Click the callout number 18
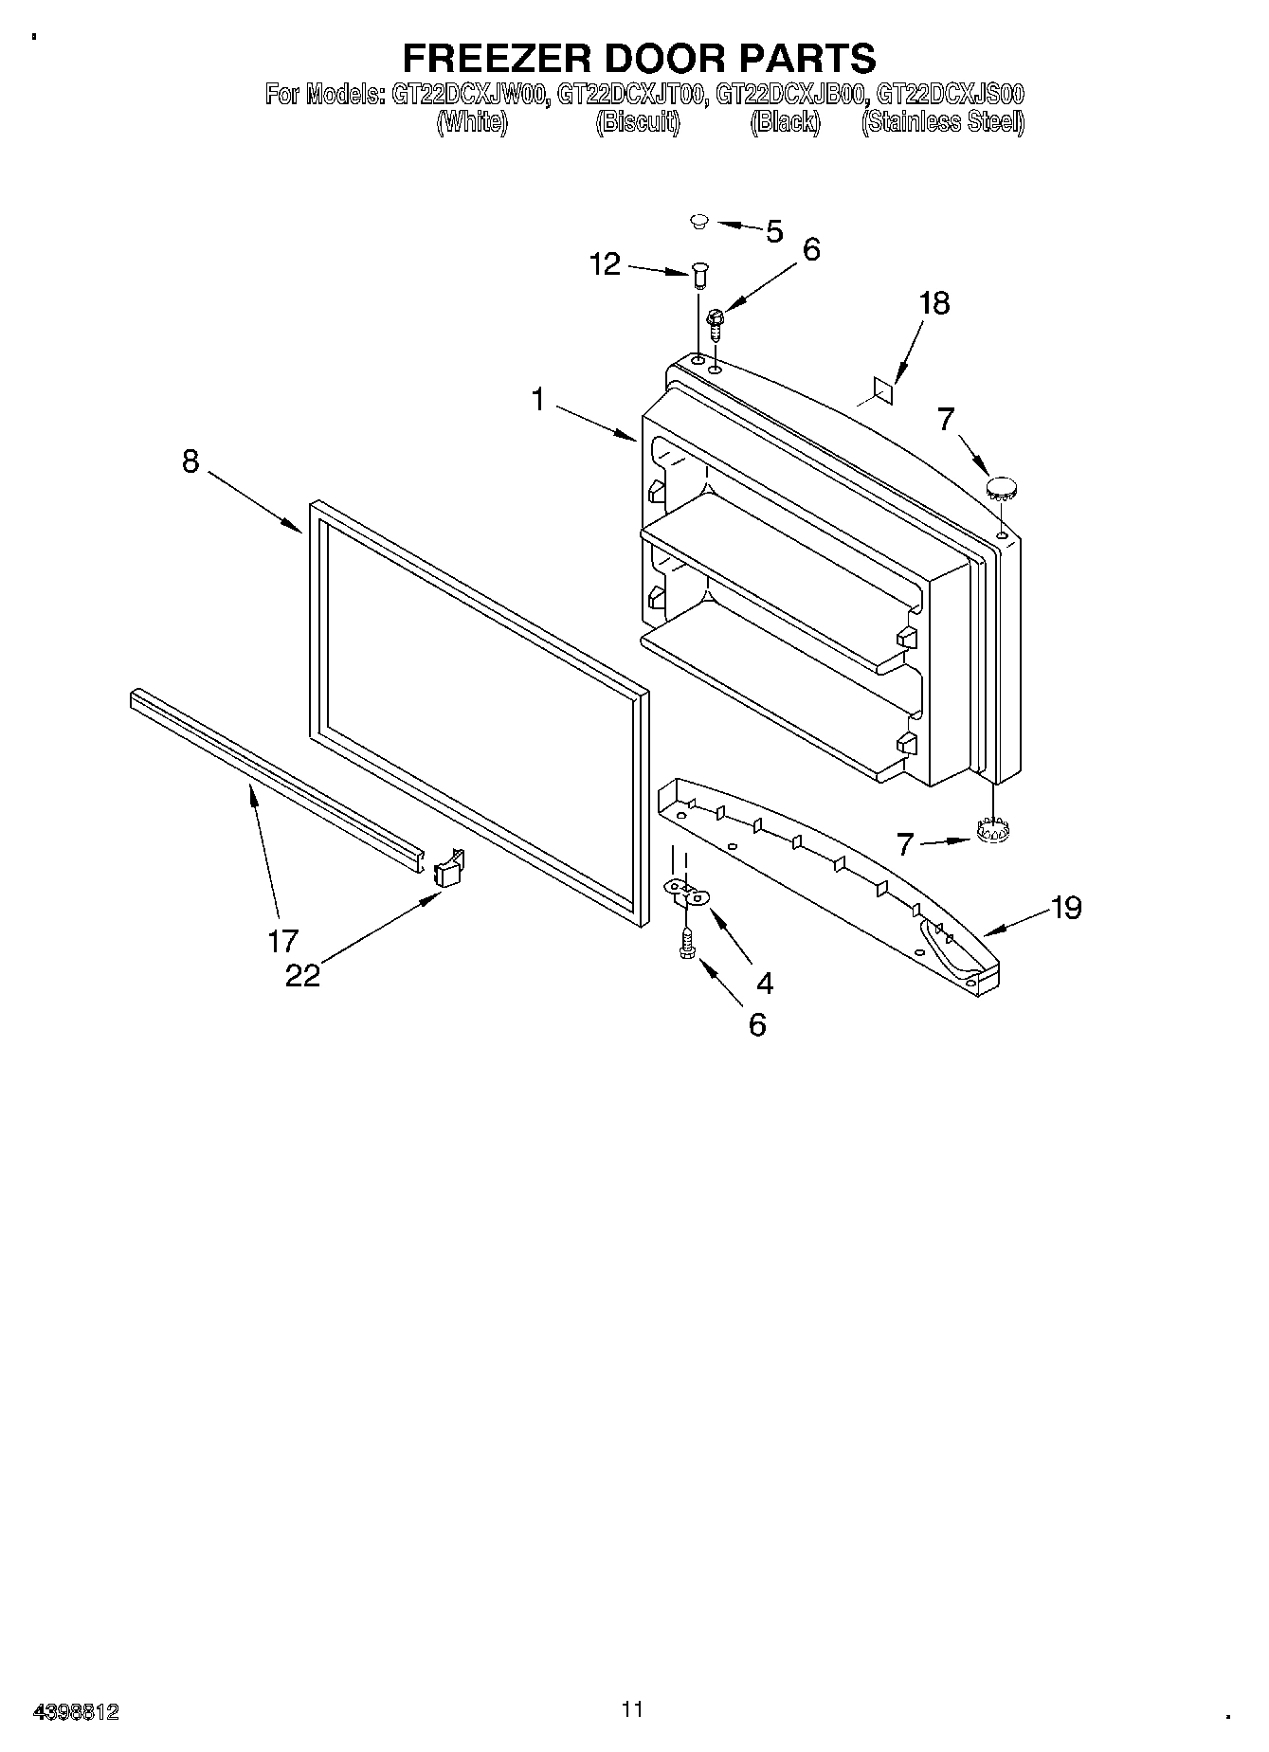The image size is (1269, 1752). [934, 303]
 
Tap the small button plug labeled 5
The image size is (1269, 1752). [698, 222]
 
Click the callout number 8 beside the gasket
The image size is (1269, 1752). [190, 461]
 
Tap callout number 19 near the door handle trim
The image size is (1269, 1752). [1065, 908]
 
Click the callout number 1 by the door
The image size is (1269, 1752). [537, 400]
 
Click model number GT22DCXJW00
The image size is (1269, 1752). [466, 95]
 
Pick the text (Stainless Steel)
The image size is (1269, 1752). [942, 122]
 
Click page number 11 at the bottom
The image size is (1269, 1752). [632, 1708]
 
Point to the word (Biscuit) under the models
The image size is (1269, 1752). [638, 122]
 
